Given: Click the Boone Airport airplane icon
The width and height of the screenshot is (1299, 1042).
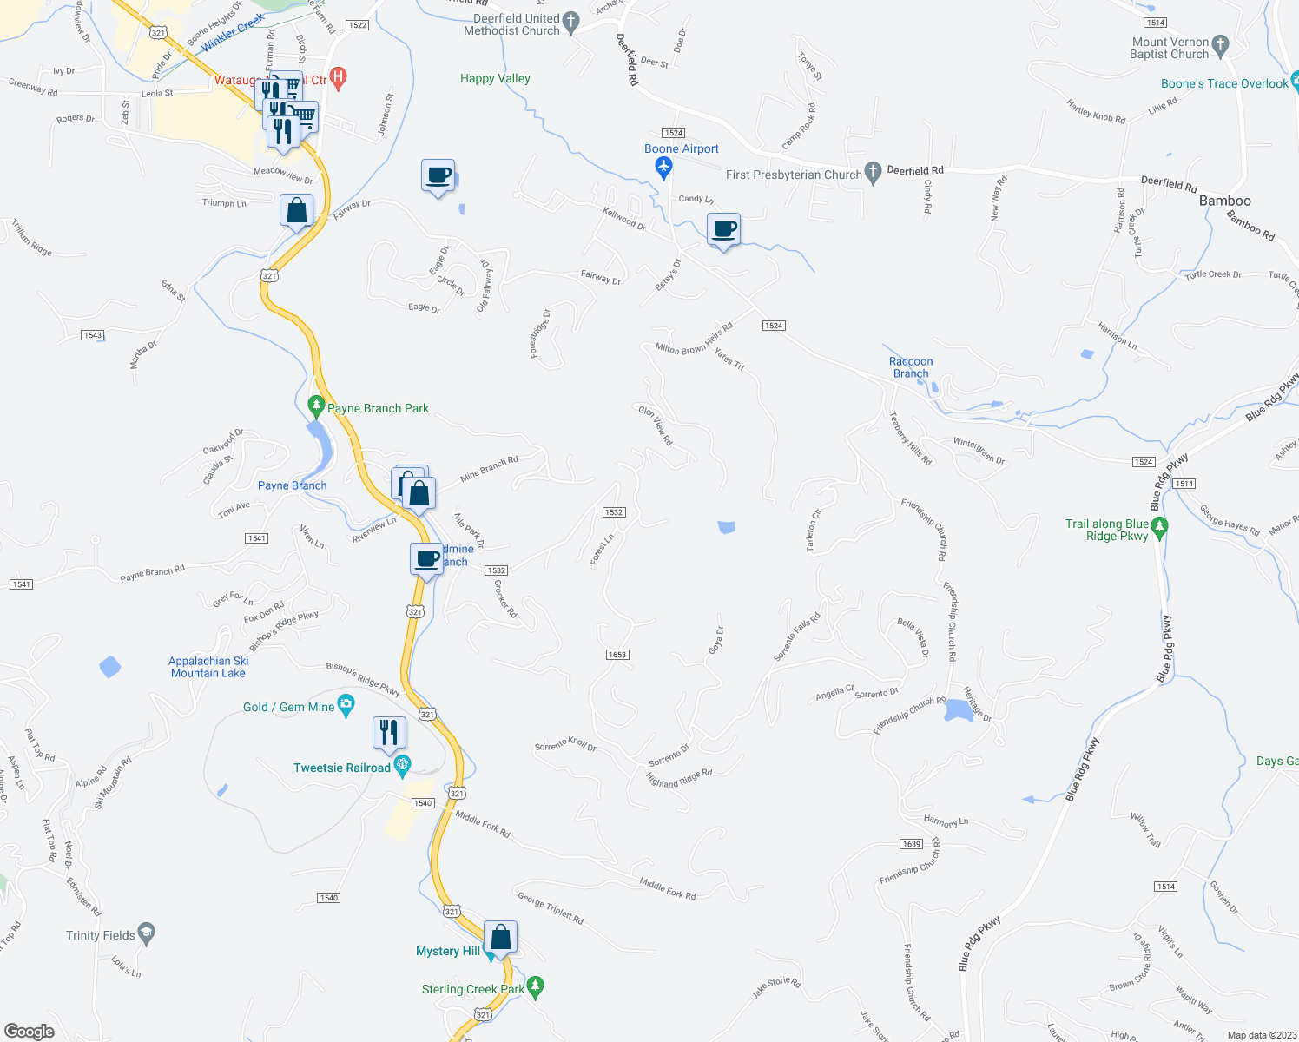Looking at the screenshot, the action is pyautogui.click(x=664, y=167).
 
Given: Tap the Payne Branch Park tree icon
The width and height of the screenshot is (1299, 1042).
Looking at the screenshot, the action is pyautogui.click(x=317, y=406).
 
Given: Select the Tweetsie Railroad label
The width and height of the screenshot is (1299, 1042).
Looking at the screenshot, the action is pyautogui.click(x=342, y=768).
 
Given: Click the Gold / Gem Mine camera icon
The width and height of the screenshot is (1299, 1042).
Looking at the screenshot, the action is pyautogui.click(x=346, y=705).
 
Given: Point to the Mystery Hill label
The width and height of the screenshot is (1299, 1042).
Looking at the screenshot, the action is pyautogui.click(x=447, y=951).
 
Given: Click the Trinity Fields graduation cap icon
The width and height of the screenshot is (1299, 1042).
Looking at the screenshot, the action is pyautogui.click(x=147, y=933).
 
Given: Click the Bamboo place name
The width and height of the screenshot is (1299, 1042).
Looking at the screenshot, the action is pyautogui.click(x=1224, y=201).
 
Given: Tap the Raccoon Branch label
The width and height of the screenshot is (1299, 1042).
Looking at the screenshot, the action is pyautogui.click(x=911, y=367).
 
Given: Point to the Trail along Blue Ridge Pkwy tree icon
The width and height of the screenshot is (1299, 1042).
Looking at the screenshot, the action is pyautogui.click(x=1159, y=527).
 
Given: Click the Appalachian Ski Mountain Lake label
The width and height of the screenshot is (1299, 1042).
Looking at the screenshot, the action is pyautogui.click(x=208, y=667).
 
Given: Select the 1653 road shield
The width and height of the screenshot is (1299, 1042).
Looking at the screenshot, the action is pyautogui.click(x=617, y=655).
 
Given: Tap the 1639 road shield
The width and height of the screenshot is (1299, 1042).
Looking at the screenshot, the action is pyautogui.click(x=911, y=844).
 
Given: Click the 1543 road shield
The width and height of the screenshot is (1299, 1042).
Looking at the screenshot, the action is pyautogui.click(x=92, y=335).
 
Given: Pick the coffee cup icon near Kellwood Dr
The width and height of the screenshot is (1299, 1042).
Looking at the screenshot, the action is pyautogui.click(x=723, y=230).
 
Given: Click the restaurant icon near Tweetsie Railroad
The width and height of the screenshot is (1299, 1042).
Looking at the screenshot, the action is pyautogui.click(x=389, y=733).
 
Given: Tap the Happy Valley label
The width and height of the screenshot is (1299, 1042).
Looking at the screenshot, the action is pyautogui.click(x=495, y=78).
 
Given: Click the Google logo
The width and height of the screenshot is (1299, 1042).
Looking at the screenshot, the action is pyautogui.click(x=30, y=1031).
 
